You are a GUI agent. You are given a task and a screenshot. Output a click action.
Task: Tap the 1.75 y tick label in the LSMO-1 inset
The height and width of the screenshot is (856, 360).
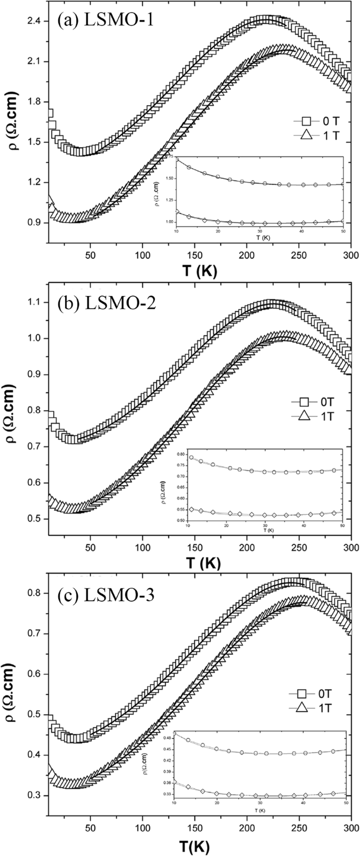tap(169, 158)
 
